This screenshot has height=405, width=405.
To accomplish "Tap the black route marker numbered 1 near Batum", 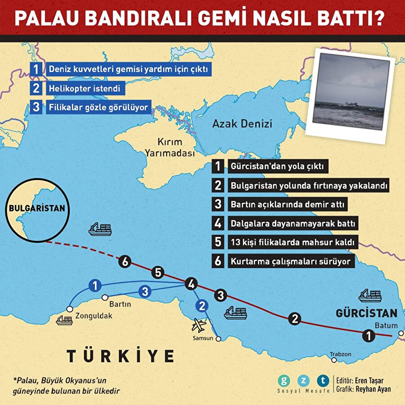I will click(369, 335).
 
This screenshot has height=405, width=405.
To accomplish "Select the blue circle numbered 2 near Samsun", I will click(202, 306).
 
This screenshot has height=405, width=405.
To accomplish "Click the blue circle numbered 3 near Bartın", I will click(144, 291).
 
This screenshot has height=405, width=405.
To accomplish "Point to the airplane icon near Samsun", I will click(198, 324).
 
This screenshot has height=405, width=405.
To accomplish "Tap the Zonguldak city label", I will click(94, 316).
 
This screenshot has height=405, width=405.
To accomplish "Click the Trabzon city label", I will click(340, 354).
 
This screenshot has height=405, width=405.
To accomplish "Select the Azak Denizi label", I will click(242, 123).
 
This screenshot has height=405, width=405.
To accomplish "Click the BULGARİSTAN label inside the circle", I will click(37, 209).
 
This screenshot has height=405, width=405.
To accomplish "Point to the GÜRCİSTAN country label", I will click(366, 313).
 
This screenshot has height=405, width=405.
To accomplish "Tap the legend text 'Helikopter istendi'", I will click(86, 89).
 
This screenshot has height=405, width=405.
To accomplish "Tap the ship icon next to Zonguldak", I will click(64, 320).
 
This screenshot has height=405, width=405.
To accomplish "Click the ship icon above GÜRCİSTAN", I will click(370, 296).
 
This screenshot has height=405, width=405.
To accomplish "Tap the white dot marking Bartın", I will click(105, 297).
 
